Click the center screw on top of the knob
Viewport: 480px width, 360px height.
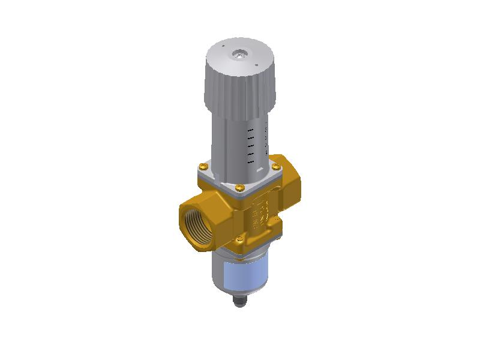click(240, 55)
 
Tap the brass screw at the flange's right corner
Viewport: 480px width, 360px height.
click(275, 166)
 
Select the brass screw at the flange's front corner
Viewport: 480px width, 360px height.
click(239, 188)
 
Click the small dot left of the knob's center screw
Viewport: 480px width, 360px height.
click(222, 46)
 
